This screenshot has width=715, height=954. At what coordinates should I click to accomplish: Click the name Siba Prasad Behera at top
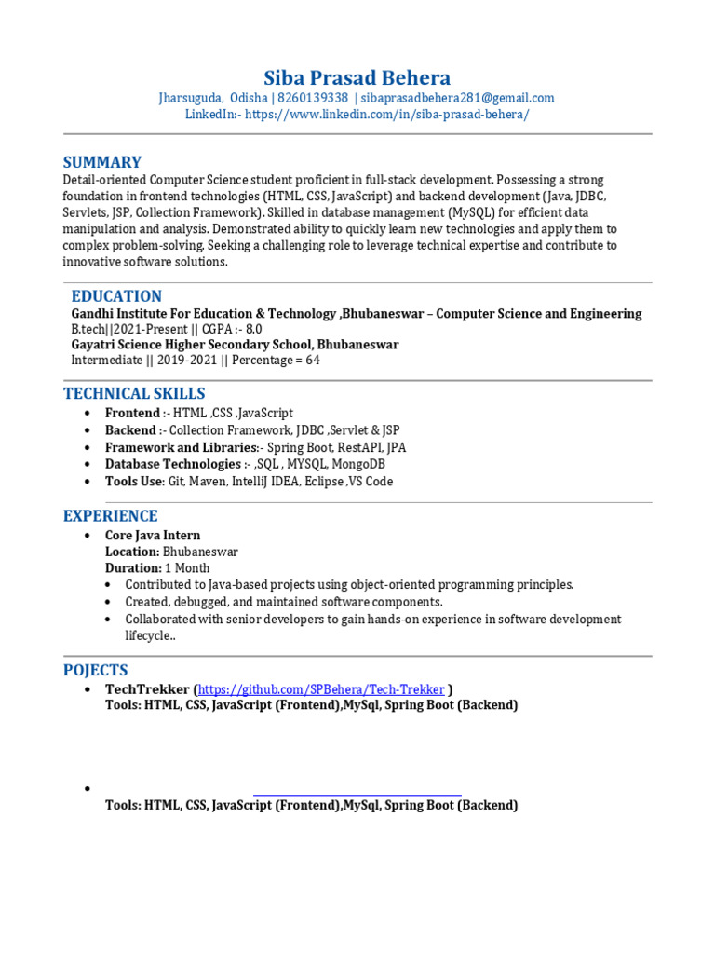click(357, 77)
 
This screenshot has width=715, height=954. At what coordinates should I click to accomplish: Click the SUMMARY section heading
click(102, 162)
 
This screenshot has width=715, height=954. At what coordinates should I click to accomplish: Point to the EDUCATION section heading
click(116, 296)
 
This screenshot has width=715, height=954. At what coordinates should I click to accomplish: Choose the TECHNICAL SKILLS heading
click(134, 393)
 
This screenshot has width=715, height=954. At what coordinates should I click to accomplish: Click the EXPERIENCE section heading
click(110, 515)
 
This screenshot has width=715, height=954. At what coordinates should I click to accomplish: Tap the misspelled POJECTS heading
click(95, 670)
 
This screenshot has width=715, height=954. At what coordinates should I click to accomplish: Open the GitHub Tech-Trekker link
click(321, 689)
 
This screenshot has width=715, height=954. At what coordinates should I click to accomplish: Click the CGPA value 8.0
click(253, 330)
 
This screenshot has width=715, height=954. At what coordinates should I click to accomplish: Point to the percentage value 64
click(312, 361)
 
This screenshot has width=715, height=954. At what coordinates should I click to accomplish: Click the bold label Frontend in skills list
click(132, 413)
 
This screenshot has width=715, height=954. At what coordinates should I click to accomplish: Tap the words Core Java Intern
click(153, 536)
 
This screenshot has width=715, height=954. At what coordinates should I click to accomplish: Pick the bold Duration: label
click(133, 567)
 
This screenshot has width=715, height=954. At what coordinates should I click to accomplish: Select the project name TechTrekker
click(147, 689)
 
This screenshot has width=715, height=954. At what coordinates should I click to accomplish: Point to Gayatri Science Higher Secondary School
click(235, 345)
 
